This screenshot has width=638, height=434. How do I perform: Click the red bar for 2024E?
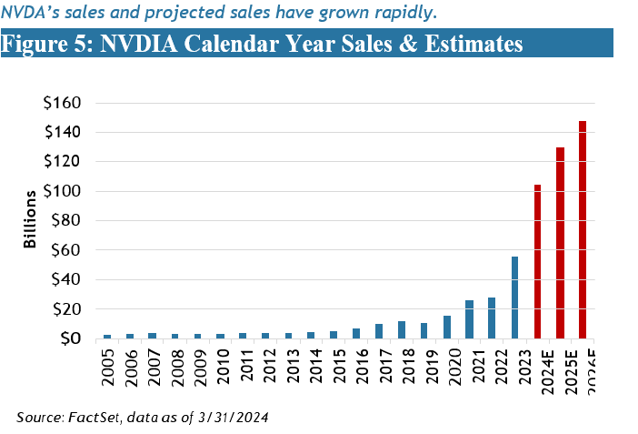tap(538, 262)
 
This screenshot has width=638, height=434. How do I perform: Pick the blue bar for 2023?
tap(515, 298)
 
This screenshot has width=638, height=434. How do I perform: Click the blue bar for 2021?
tap(470, 319)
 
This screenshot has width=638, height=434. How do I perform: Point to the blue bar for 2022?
tap(493, 318)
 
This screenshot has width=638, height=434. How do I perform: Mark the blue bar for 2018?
tap(402, 330)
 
